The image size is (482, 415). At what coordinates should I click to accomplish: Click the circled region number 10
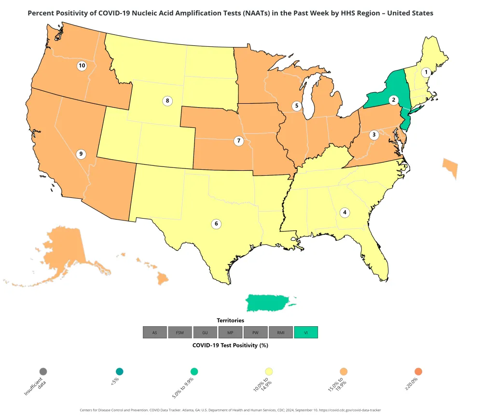82,66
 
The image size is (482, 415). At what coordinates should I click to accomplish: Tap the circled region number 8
167,101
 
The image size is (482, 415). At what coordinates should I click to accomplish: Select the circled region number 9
81,154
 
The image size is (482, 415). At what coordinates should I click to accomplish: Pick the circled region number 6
216,223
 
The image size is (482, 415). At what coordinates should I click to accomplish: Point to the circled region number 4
344,212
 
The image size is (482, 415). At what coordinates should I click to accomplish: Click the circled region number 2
394,100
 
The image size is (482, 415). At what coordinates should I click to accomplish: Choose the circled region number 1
426,72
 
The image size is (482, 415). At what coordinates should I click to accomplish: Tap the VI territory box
306,332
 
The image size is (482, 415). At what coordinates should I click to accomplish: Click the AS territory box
154,332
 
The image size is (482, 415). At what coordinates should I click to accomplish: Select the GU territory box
205,332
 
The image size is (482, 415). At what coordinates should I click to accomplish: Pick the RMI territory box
281,332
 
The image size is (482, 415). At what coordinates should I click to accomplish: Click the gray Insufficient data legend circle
43,372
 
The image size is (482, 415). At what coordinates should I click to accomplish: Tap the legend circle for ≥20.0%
418,372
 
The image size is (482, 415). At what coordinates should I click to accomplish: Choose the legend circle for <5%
120,372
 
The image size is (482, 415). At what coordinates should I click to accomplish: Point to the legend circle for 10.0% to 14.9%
269,372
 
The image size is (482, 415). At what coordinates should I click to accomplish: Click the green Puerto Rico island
268,303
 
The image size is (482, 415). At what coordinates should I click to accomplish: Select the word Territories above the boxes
230,320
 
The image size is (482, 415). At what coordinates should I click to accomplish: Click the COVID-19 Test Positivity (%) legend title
230,345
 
